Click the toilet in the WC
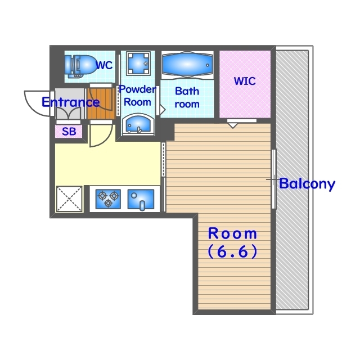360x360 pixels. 80,65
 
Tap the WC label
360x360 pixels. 104,65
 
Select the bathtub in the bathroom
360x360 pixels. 187,65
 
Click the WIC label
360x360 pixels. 245,81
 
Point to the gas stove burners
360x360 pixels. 108,199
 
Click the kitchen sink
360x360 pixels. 141,199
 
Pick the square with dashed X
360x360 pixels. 69,199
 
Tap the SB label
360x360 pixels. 69,132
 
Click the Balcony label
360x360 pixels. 307,184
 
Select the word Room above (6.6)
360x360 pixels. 232,233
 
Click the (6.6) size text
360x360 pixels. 232,251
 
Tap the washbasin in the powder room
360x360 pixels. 138,124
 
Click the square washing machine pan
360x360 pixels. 138,63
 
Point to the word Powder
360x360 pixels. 137,89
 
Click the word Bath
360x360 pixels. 187,91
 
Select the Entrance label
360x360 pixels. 71,102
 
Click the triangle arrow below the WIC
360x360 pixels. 232,125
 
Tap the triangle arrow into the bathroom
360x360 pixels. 163,110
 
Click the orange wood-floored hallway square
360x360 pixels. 101,103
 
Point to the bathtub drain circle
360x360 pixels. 208,65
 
